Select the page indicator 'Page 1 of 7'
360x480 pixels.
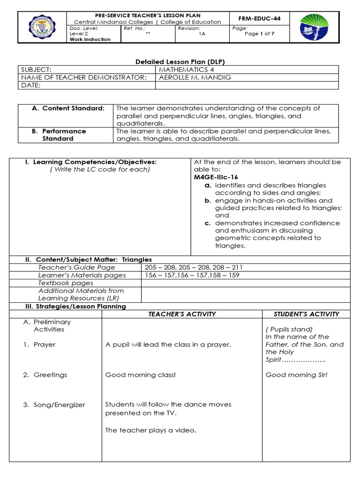pyautogui.click(x=260, y=34)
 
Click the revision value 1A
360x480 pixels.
pyautogui.click(x=202, y=34)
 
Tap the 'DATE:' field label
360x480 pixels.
pyautogui.click(x=31, y=85)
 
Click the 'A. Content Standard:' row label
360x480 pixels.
pyautogui.click(x=68, y=108)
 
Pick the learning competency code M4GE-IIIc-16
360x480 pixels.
pyautogui.click(x=216, y=177)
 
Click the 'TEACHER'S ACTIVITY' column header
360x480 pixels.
pyautogui.click(x=182, y=314)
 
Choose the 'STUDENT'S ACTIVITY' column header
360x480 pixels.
pyautogui.click(x=307, y=314)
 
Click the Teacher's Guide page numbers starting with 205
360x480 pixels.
pyautogui.click(x=194, y=267)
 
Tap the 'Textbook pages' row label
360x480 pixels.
pyautogui.click(x=66, y=283)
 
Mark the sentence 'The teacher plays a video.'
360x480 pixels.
pyautogui.click(x=150, y=430)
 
